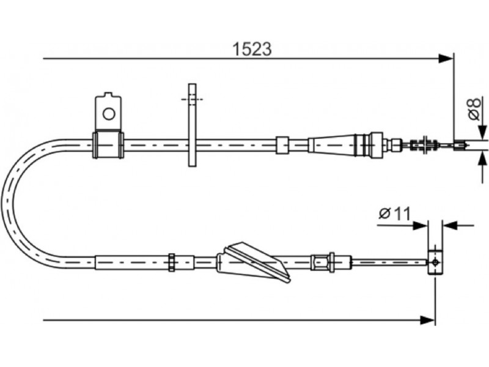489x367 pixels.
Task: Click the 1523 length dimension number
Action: click(x=252, y=49)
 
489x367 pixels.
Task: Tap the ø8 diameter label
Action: click(x=474, y=109)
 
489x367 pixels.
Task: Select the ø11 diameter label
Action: click(x=394, y=213)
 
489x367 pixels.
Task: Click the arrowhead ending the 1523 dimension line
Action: click(x=446, y=58)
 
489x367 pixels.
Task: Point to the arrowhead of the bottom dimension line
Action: click(x=427, y=320)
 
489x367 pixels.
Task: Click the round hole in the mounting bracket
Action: click(x=109, y=114)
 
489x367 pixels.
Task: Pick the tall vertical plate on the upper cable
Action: click(x=193, y=125)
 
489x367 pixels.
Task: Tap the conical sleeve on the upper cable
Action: click(x=331, y=144)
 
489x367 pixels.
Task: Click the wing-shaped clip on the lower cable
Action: click(x=254, y=262)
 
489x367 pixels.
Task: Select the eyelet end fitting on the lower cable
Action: click(x=435, y=262)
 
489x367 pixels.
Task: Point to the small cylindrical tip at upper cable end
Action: click(x=460, y=145)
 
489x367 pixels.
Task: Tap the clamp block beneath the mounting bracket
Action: click(x=108, y=145)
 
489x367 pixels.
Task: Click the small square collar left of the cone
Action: click(x=282, y=145)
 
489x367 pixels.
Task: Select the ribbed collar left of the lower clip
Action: click(x=171, y=262)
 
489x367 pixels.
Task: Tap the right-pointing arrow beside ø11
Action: click(x=420, y=225)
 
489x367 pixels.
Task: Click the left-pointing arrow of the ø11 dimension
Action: click(x=450, y=225)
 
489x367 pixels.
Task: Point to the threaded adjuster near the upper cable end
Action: click(x=424, y=145)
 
